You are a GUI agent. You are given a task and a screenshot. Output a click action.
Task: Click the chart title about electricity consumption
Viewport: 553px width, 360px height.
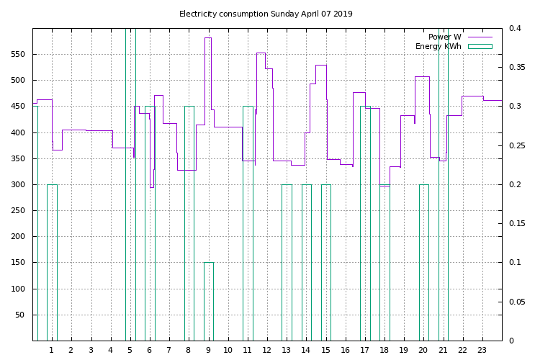coord(266,14)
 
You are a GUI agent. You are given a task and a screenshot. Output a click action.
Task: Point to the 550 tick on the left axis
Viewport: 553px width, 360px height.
coord(18,55)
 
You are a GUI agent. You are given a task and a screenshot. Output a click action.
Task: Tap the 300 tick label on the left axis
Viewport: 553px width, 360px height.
coord(18,185)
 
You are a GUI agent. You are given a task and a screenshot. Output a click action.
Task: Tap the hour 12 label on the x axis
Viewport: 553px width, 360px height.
coord(267,351)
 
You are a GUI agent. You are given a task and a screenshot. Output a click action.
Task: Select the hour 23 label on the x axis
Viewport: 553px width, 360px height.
coord(482,351)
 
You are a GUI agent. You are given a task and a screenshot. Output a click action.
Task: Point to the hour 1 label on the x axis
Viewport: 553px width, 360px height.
coord(52,351)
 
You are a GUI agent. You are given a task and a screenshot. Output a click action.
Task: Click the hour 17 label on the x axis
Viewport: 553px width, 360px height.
coord(365,351)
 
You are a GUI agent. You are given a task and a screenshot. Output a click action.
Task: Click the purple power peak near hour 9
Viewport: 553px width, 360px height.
coord(207,38)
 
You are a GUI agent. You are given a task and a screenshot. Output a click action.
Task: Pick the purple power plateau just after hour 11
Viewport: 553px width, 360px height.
coord(261,53)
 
